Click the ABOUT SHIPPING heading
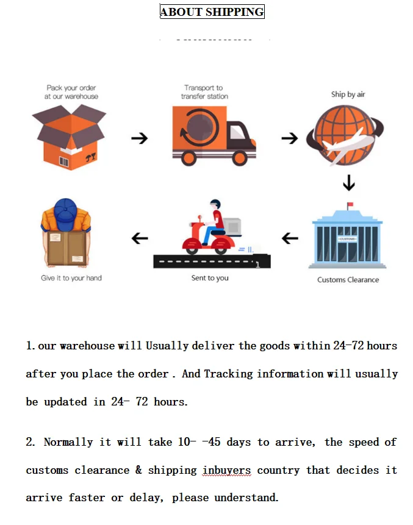point(212,12)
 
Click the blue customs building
point(347,238)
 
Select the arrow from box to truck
point(140,138)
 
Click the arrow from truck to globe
point(289,139)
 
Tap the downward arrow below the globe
point(349,183)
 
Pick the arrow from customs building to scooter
point(290,237)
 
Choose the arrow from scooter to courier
point(140,237)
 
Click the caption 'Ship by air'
point(348,95)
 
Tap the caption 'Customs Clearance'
point(348,280)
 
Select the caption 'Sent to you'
point(210,278)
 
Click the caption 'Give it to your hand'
point(71,278)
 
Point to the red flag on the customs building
point(350,205)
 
